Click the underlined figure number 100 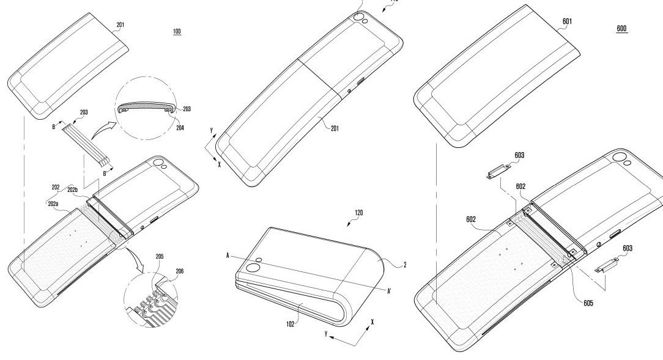coord(177,31)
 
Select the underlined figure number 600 coord(621,28)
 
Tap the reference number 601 coord(567,21)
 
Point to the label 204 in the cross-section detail coord(180,128)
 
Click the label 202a coord(53,204)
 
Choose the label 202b coord(73,189)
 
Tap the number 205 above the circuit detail coord(160,257)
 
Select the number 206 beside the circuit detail coord(180,271)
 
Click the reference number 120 coord(358,213)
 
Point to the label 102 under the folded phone coord(290,325)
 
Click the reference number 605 coord(588,303)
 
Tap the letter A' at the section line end coord(389,291)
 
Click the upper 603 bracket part coord(498,172)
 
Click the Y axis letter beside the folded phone coord(326,334)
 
